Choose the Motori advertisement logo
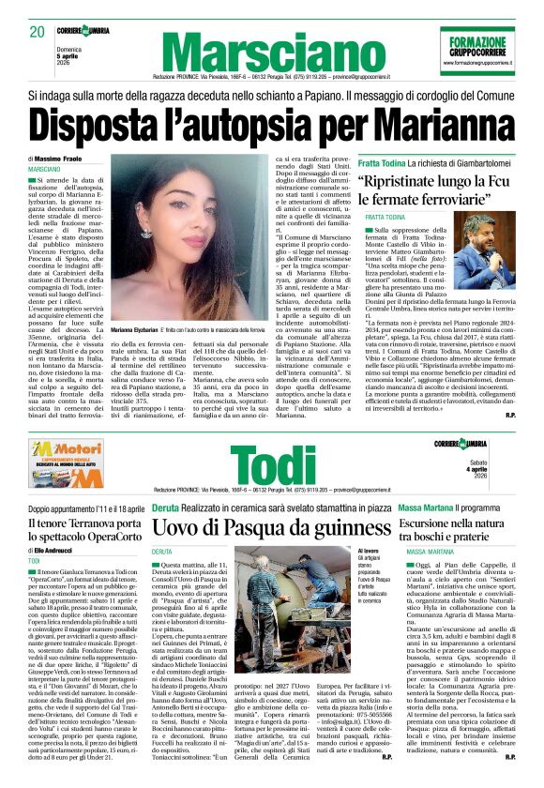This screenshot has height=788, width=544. click(x=65, y=462)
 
